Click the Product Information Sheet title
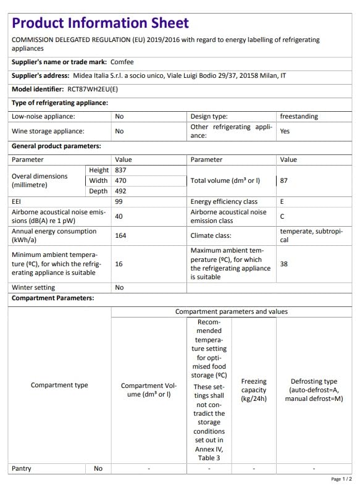coord(100,23)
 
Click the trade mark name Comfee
coord(122,62)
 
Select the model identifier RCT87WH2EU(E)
coord(93,89)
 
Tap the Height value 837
coord(121,170)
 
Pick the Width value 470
coord(121,180)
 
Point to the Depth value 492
coord(121,191)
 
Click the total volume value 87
coord(284,181)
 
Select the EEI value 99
coord(119,201)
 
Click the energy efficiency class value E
coord(282,201)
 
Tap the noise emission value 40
coord(119,216)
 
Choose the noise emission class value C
coord(282,216)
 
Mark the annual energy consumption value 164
coord(121,235)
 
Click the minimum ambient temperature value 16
coord(119,264)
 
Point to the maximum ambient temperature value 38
coord(284,263)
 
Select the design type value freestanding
coord(300,116)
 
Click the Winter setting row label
coord(33,287)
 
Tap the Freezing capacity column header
coord(253,390)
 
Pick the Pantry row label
coord(22,468)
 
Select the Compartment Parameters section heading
coord(53,298)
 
